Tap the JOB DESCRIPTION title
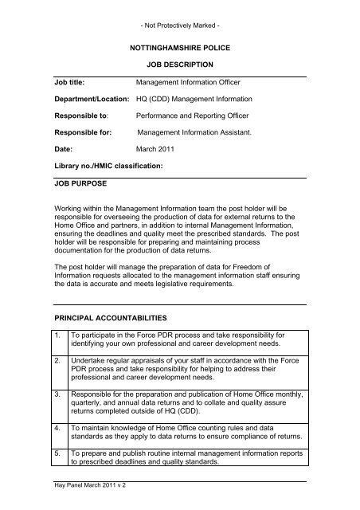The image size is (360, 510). (179, 65)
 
